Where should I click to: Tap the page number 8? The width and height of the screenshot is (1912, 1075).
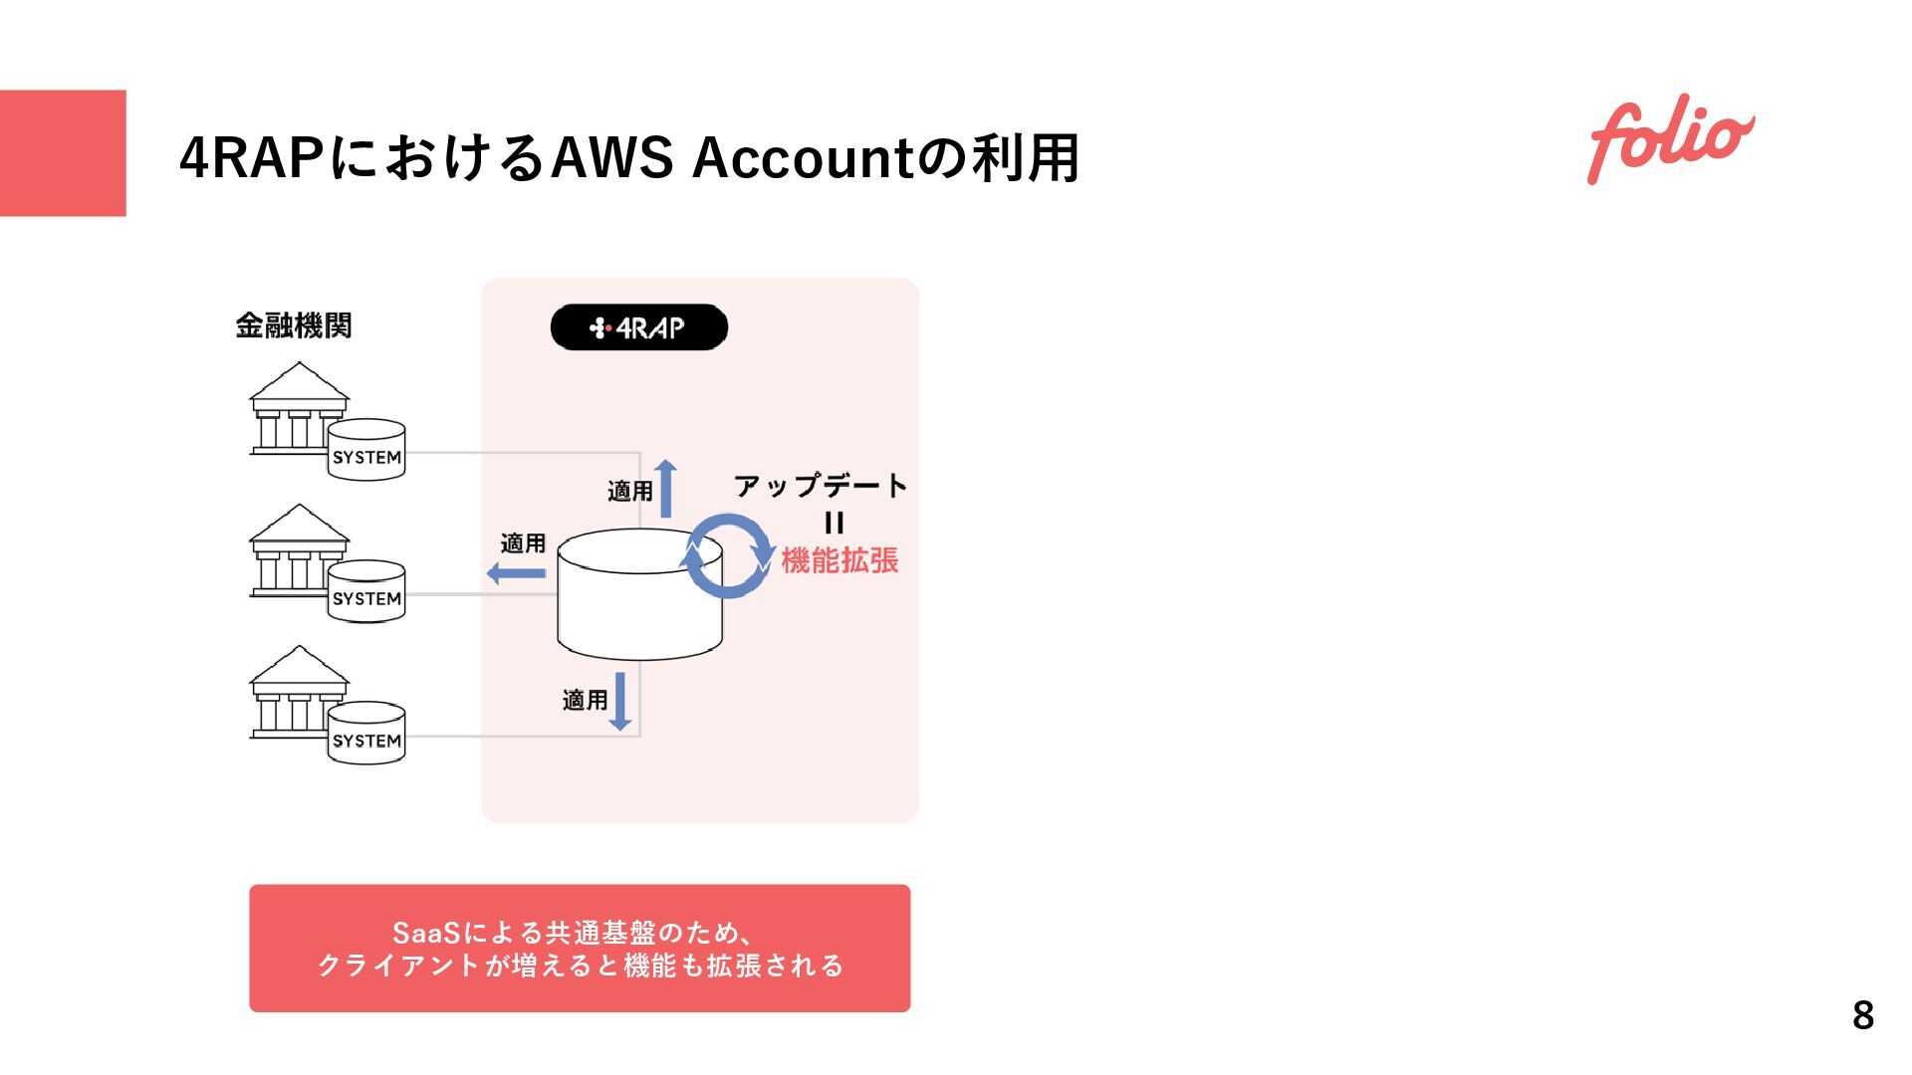tap(1862, 1015)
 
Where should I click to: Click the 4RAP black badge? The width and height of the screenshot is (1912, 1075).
tap(638, 327)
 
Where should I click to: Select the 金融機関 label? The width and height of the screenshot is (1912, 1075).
tap(294, 325)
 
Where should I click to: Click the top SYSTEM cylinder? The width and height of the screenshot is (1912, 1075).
tap(366, 450)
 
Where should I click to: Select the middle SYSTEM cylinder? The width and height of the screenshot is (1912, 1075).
tap(366, 591)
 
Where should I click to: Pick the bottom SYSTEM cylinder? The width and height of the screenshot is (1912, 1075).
tap(366, 734)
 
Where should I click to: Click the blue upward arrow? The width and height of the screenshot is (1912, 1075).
tap(665, 488)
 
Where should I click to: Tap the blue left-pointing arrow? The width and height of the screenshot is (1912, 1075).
tap(516, 573)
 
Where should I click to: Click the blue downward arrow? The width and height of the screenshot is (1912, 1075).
tap(620, 701)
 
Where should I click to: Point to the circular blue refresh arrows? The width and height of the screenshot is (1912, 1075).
tap(729, 556)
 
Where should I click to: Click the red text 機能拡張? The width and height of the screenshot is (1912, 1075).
tap(839, 560)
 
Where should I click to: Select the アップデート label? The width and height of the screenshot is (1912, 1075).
tap(821, 486)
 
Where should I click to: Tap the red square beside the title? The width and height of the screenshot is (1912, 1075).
tap(63, 153)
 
